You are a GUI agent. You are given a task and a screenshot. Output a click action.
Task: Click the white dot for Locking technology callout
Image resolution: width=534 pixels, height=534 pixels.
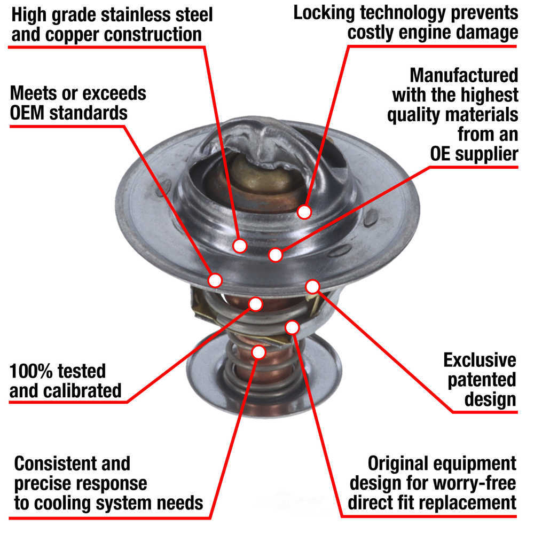click(304, 212)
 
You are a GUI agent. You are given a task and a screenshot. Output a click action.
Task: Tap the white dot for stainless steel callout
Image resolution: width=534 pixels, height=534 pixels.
click(240, 245)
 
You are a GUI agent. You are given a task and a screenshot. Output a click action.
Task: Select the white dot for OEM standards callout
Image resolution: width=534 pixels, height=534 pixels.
click(215, 279)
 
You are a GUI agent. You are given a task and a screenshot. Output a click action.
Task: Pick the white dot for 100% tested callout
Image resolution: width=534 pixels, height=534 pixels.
click(256, 304)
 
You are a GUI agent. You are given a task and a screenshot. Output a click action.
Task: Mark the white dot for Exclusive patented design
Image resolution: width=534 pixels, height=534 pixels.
click(312, 287)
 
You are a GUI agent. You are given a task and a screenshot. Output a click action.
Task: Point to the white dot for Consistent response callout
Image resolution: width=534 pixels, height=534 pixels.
click(258, 352)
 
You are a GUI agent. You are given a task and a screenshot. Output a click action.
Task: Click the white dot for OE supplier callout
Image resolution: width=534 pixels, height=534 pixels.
click(276, 255)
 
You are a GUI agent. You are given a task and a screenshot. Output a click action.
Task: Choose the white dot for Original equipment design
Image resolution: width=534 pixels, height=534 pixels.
click(292, 327)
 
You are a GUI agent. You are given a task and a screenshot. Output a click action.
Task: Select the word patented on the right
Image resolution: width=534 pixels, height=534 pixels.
click(482, 379)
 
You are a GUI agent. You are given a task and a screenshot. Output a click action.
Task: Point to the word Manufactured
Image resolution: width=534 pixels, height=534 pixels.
click(464, 74)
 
